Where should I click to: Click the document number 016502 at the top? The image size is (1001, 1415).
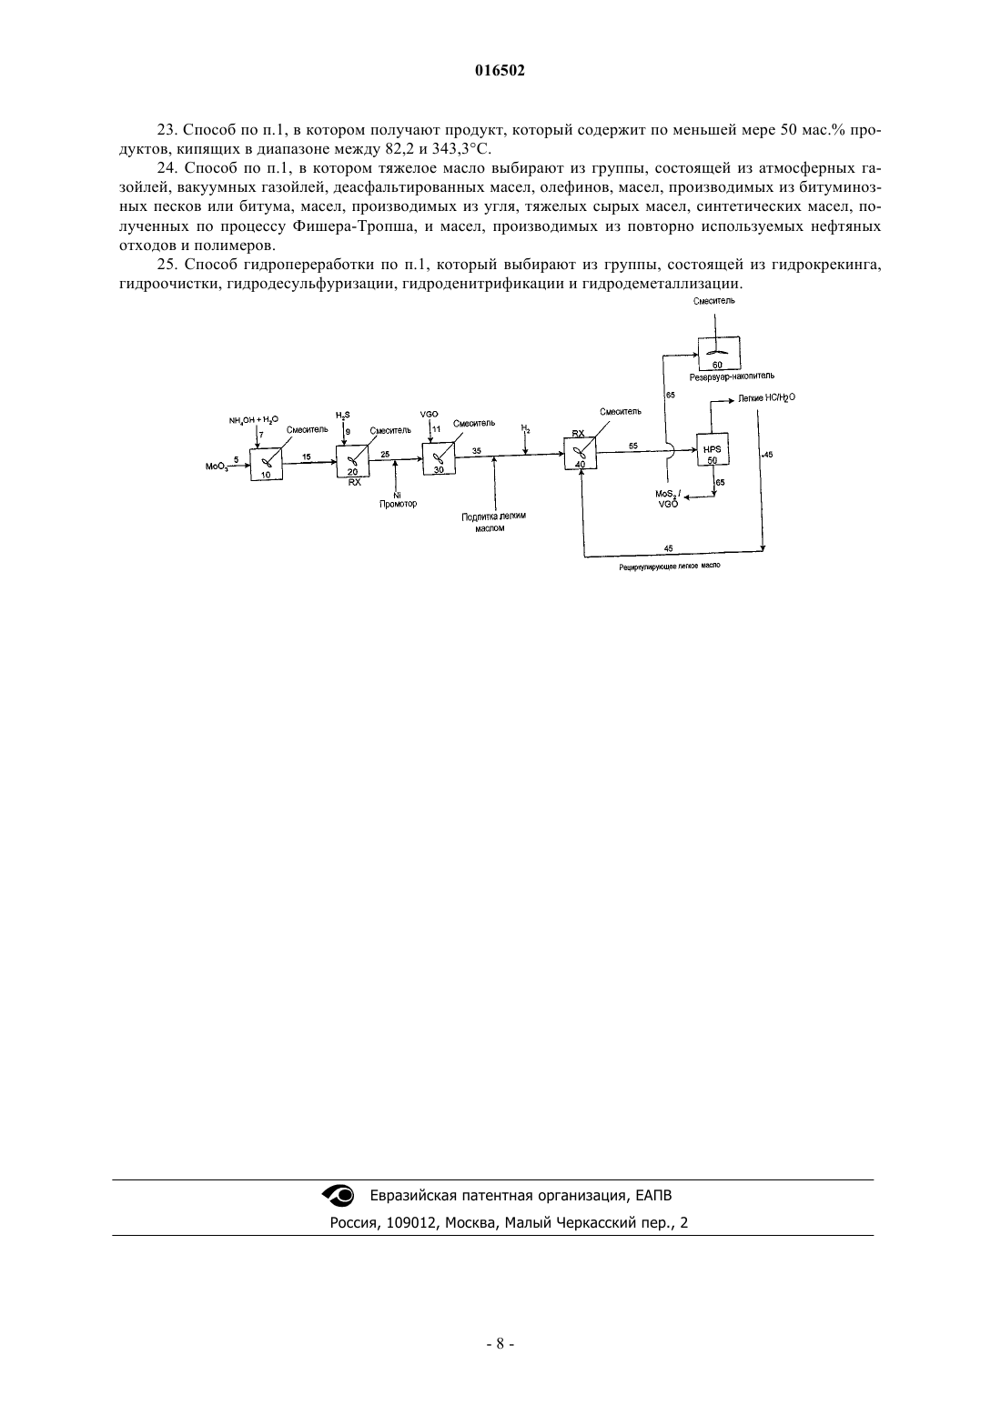point(500,71)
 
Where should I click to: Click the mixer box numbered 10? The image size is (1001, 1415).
point(266,465)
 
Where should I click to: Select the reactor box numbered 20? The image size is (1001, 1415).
point(353,461)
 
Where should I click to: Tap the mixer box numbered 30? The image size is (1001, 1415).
point(439,458)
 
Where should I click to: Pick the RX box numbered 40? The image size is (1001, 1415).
point(581,454)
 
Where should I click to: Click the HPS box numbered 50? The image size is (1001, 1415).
point(713,449)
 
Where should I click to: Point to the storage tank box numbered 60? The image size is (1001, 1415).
point(719,353)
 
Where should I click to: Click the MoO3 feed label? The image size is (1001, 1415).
point(217,467)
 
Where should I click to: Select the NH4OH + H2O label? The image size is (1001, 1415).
point(253,420)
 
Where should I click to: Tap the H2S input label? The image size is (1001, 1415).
point(342,415)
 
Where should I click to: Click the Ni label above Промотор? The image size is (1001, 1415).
point(397,495)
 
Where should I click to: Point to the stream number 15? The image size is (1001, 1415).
point(307,457)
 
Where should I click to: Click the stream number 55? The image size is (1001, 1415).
point(633,446)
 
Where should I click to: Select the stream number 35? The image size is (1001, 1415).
point(477,450)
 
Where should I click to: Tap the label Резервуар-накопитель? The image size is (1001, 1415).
point(732,376)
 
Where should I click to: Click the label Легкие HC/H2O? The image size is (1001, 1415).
point(766,398)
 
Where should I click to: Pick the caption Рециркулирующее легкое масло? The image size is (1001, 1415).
point(670,566)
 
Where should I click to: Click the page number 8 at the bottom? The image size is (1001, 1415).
point(500,1343)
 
